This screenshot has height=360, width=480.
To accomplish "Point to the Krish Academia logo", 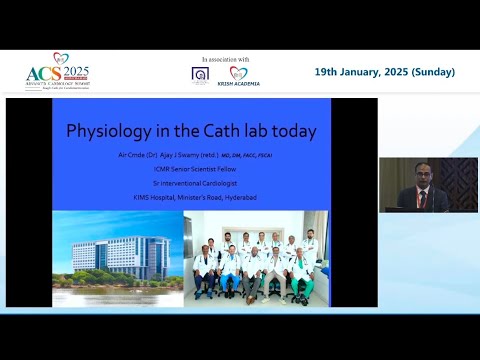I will [239, 77].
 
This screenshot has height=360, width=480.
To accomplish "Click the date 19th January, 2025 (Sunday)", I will [385, 72].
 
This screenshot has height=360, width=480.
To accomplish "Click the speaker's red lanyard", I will [423, 197].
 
